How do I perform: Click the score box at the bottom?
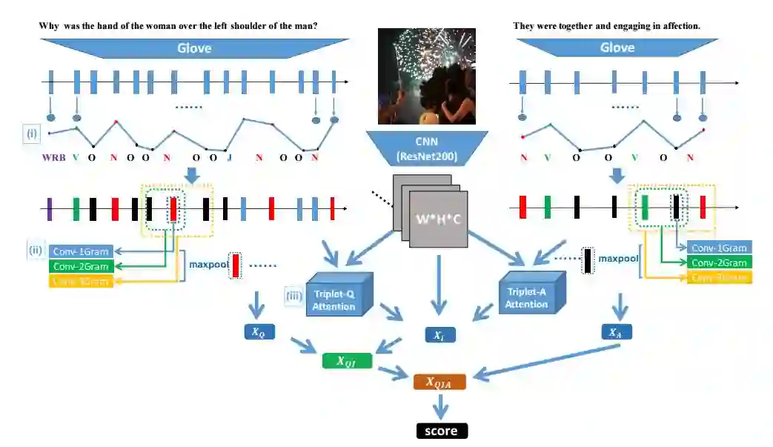pos(442,431)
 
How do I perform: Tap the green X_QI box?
pos(347,361)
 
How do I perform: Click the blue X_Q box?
pos(257,333)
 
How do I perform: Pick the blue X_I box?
pos(439,334)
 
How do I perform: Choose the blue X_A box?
pos(615,333)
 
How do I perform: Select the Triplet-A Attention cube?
pos(527,294)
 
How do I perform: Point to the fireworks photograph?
pos(426,77)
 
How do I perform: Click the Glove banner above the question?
pos(194,48)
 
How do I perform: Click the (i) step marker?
pos(32,133)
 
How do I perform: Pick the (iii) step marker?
pos(294,297)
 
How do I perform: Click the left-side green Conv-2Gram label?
pos(81,266)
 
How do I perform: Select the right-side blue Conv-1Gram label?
pos(719,248)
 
